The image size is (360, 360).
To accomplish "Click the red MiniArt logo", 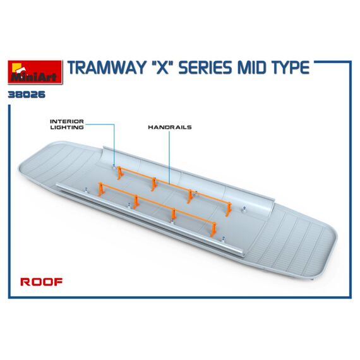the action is [x=35, y=72].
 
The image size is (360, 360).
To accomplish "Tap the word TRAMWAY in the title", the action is [x=107, y=68].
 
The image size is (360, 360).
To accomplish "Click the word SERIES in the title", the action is [x=205, y=68].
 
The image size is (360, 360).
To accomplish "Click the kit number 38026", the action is [x=27, y=95].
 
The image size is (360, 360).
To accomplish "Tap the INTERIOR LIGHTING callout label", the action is [x=67, y=124].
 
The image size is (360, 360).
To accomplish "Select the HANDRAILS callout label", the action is [x=170, y=127].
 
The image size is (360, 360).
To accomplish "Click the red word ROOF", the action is [x=41, y=282].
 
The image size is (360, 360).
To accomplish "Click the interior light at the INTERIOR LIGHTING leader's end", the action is [x=114, y=167].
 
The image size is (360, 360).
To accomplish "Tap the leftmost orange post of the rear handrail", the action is [x=119, y=173].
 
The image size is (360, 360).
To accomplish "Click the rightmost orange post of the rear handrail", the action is [x=229, y=210].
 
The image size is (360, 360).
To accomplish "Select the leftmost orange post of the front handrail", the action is [x=100, y=189].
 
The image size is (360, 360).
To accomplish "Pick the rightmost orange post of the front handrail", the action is [x=213, y=229].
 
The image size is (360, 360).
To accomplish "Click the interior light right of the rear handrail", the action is [x=244, y=208].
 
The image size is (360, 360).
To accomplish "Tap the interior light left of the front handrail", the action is [x=87, y=189].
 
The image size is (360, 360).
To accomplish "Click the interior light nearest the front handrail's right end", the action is [x=223, y=239].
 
